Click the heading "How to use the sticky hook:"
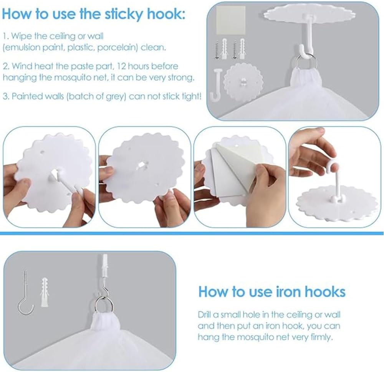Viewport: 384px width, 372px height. [93, 14]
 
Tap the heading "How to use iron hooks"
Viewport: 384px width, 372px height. [272, 292]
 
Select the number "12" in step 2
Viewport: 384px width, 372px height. [121, 66]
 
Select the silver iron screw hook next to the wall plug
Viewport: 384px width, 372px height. [26, 293]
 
